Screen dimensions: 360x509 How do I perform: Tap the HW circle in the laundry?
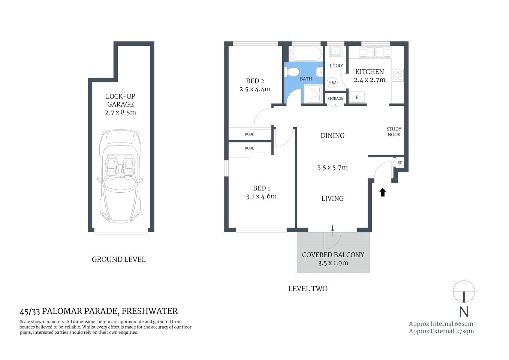point(332,83)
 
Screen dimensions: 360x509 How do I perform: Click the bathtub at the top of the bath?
point(306,54)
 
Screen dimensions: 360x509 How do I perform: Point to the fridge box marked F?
point(357,97)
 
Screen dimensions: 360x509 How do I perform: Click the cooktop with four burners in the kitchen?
point(398,75)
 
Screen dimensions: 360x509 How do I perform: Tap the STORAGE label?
point(335,99)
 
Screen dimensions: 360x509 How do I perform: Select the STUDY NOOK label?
point(394,132)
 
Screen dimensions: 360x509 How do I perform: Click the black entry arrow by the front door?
point(383,192)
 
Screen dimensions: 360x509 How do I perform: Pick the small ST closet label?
point(400,163)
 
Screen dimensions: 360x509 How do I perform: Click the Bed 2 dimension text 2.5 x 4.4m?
point(255,89)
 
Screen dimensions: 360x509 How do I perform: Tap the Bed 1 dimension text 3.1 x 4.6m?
point(261,196)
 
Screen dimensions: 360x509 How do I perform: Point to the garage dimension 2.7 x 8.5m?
point(120,112)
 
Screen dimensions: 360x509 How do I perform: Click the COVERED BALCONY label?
point(333,255)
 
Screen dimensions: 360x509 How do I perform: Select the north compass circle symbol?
point(464,291)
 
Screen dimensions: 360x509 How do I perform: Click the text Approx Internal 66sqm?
point(441,324)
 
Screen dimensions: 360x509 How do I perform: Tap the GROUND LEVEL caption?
point(118,259)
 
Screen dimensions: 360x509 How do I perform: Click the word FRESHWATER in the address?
point(150,311)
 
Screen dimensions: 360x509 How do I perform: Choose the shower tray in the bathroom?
point(313,93)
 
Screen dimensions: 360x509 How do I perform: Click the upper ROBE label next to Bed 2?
point(249,134)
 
